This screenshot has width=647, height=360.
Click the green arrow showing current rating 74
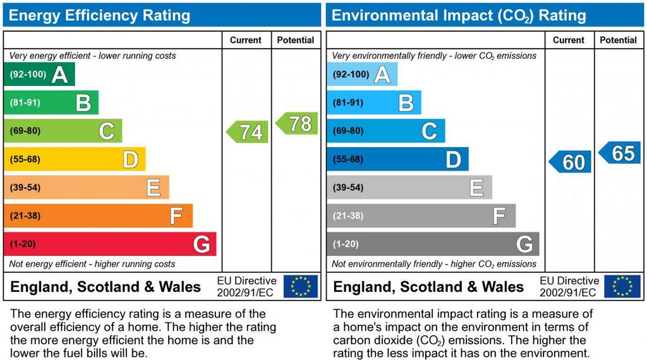(x=248, y=132)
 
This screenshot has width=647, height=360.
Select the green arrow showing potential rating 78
(x=297, y=123)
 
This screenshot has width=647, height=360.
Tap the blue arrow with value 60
(x=571, y=162)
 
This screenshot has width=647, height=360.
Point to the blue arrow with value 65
(x=620, y=153)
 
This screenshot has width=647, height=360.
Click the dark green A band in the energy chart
(x=39, y=75)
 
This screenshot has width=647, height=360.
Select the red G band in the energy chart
(x=110, y=244)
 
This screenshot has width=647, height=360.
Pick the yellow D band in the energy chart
(x=75, y=159)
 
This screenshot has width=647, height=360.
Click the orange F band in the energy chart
(x=98, y=216)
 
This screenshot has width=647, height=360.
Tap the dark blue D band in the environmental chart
(x=397, y=159)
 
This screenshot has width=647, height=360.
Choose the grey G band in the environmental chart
(x=433, y=244)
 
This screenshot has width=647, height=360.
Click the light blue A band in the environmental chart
(x=362, y=75)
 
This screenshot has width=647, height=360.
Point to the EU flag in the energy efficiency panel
(x=300, y=286)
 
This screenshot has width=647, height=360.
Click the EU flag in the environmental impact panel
(x=622, y=286)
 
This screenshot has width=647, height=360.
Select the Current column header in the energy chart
(x=246, y=40)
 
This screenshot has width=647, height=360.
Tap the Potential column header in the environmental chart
(x=618, y=40)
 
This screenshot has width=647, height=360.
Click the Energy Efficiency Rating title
(x=99, y=15)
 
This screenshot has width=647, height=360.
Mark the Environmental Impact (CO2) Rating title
(x=459, y=15)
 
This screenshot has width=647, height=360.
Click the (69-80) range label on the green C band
(x=25, y=131)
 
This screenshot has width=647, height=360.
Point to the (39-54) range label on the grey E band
(x=348, y=188)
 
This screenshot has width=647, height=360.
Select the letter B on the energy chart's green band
(x=83, y=103)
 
